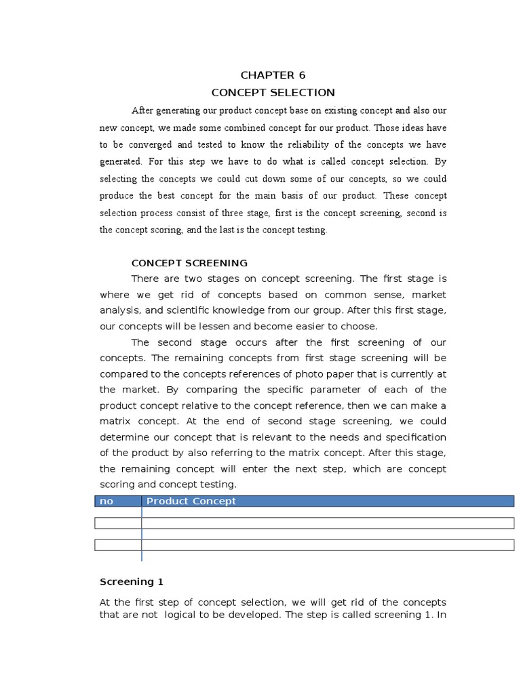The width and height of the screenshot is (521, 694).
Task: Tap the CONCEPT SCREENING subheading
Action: coord(189,263)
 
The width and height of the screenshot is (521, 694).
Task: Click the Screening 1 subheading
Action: coord(132,581)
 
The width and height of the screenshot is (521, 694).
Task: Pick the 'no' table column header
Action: coord(106,501)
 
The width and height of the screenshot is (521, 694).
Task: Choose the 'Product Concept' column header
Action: coord(191,501)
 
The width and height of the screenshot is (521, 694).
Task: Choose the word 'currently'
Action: coord(404,373)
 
